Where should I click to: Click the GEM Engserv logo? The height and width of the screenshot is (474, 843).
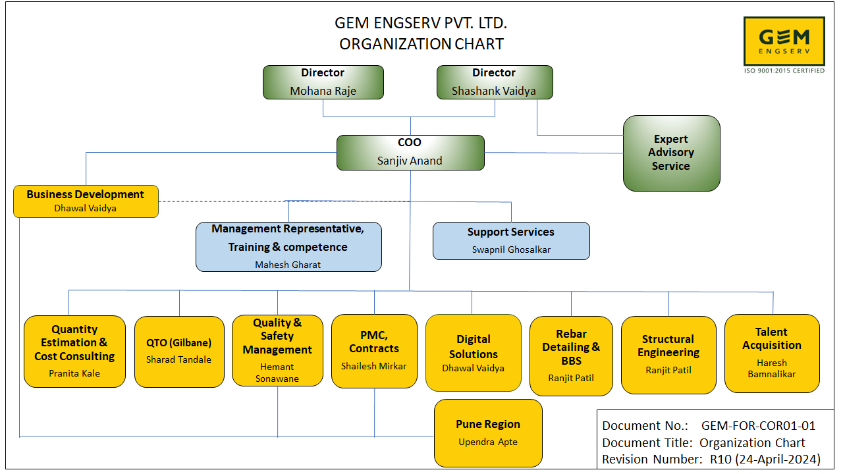(x=784, y=41)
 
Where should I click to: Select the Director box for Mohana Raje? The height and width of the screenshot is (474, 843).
(x=323, y=82)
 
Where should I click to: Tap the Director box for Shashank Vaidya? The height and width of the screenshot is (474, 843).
(x=494, y=82)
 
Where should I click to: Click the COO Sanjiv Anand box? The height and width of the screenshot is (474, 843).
(x=410, y=152)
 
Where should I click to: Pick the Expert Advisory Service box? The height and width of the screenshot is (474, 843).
(x=671, y=153)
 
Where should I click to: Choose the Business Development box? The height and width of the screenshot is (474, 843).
(x=86, y=201)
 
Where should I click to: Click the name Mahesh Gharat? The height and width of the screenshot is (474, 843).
(x=288, y=265)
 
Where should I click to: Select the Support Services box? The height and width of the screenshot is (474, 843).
(x=511, y=240)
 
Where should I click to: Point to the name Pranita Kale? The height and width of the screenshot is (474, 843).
(x=74, y=373)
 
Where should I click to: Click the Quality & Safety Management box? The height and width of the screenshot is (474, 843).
(x=277, y=350)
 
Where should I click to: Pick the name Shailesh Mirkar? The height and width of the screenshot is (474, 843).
(x=374, y=366)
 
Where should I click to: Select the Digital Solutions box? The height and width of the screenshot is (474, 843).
(x=474, y=353)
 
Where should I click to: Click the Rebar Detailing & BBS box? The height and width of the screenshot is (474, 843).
(x=571, y=355)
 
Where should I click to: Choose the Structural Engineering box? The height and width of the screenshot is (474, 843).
(x=668, y=354)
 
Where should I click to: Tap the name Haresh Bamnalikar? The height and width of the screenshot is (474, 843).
(x=772, y=368)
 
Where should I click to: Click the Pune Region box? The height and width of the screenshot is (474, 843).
(x=488, y=433)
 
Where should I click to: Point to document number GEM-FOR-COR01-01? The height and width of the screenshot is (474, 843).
(x=758, y=426)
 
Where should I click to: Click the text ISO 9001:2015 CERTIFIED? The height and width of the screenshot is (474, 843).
(x=784, y=70)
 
